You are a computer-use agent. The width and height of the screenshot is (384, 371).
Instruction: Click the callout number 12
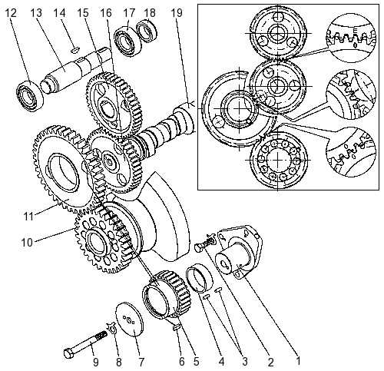[11, 12]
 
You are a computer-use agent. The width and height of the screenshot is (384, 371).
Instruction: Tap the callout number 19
[177, 12]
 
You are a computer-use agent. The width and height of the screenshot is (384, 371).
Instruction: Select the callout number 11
[28, 217]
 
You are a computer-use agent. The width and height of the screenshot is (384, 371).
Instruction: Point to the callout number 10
[27, 242]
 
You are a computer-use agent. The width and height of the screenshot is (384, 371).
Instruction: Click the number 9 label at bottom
[95, 362]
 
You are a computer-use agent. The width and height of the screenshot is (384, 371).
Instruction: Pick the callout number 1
[297, 361]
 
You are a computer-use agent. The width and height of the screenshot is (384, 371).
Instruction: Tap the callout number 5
[196, 362]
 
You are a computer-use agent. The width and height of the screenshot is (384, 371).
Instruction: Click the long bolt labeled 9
[85, 344]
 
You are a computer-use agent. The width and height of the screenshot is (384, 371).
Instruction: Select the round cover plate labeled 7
[130, 319]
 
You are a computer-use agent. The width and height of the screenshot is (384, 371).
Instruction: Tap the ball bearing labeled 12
[30, 94]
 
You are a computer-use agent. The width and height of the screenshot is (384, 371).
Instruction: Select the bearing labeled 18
[147, 31]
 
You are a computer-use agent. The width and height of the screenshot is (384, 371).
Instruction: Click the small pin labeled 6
[177, 327]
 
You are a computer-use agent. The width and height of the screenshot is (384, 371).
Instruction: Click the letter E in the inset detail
[355, 31]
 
